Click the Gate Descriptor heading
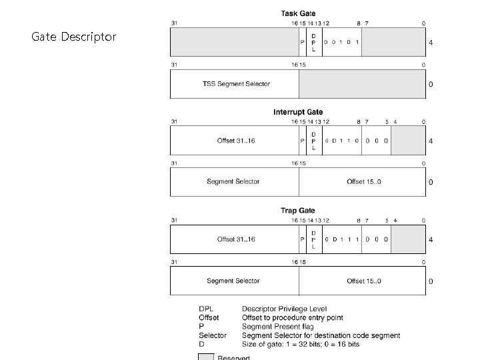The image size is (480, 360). (x=74, y=37)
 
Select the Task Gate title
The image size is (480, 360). (x=298, y=13)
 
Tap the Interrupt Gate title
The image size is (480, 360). (x=298, y=112)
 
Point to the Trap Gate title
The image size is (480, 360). (x=298, y=211)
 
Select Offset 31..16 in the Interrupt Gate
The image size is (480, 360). (x=236, y=141)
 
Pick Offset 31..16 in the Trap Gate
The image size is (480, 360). (x=236, y=239)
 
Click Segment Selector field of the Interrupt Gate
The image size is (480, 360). (x=233, y=181)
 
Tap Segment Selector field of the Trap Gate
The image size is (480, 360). (x=233, y=281)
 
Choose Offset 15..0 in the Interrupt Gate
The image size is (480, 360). (x=364, y=181)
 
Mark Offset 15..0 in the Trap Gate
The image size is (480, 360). (x=364, y=281)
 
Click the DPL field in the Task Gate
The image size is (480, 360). (x=313, y=43)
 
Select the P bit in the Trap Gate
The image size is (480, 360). (x=303, y=239)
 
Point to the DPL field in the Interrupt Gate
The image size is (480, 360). (x=313, y=141)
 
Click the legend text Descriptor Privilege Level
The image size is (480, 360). (x=285, y=309)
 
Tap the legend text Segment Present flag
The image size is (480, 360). (x=278, y=327)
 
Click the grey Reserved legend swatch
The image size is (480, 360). (x=206, y=357)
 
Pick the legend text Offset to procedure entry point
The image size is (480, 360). (x=293, y=318)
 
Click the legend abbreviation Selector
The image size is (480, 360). (x=213, y=335)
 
